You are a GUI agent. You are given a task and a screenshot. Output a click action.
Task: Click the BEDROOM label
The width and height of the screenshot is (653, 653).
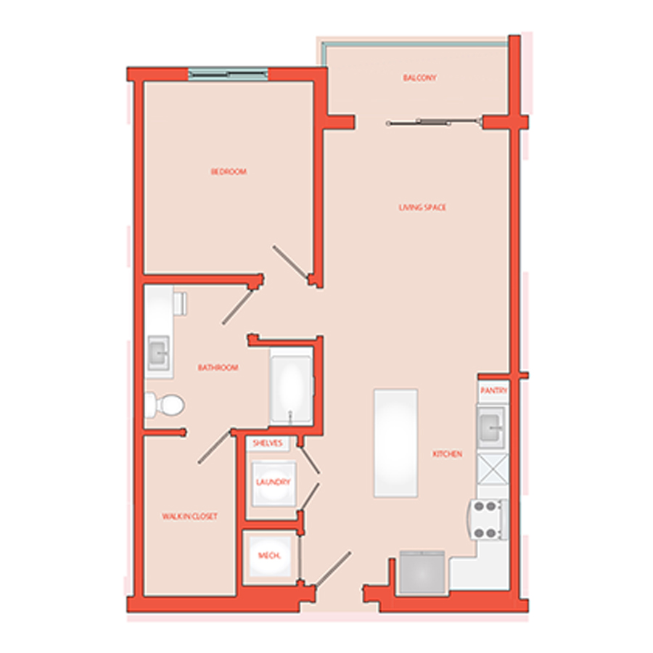click(x=229, y=171)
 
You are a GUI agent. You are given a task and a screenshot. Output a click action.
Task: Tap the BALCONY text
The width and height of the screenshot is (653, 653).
click(x=420, y=78)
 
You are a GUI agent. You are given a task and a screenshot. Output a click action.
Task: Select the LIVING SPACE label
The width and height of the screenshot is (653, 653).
click(x=422, y=208)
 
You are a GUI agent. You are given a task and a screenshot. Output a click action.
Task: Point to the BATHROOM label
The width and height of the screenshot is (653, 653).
click(x=218, y=367)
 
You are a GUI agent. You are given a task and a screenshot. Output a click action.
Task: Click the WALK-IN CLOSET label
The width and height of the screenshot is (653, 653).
click(x=189, y=517)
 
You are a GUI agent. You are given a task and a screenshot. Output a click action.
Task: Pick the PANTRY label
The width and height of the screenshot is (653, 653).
click(x=493, y=390)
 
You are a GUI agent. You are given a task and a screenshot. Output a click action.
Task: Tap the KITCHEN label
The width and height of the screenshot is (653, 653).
click(x=447, y=454)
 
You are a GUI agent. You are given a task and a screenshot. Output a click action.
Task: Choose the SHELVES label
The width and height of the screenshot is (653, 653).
click(x=267, y=443)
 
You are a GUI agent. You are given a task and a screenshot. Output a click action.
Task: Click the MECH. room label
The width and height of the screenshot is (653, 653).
click(x=269, y=556)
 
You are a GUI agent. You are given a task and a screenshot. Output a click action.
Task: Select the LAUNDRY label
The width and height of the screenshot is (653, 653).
click(x=274, y=482)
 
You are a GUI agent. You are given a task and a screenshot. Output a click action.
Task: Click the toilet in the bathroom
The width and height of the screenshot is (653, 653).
click(x=165, y=404)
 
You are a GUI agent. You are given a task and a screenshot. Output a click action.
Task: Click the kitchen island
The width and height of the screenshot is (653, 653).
click(x=395, y=443)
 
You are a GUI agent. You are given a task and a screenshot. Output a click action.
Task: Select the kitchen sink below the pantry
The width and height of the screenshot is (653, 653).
click(x=491, y=427)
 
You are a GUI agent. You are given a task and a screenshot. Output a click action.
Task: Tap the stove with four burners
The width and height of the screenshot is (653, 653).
click(x=488, y=519)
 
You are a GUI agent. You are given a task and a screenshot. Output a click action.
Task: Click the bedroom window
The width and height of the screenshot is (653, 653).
click(x=227, y=74)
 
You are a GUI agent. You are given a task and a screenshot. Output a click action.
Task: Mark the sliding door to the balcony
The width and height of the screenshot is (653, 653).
click(x=434, y=123)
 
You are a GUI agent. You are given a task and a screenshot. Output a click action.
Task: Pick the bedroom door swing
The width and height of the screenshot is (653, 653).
click(x=291, y=263)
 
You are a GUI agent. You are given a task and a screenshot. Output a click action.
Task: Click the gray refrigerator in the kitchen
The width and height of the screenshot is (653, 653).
click(x=422, y=572)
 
